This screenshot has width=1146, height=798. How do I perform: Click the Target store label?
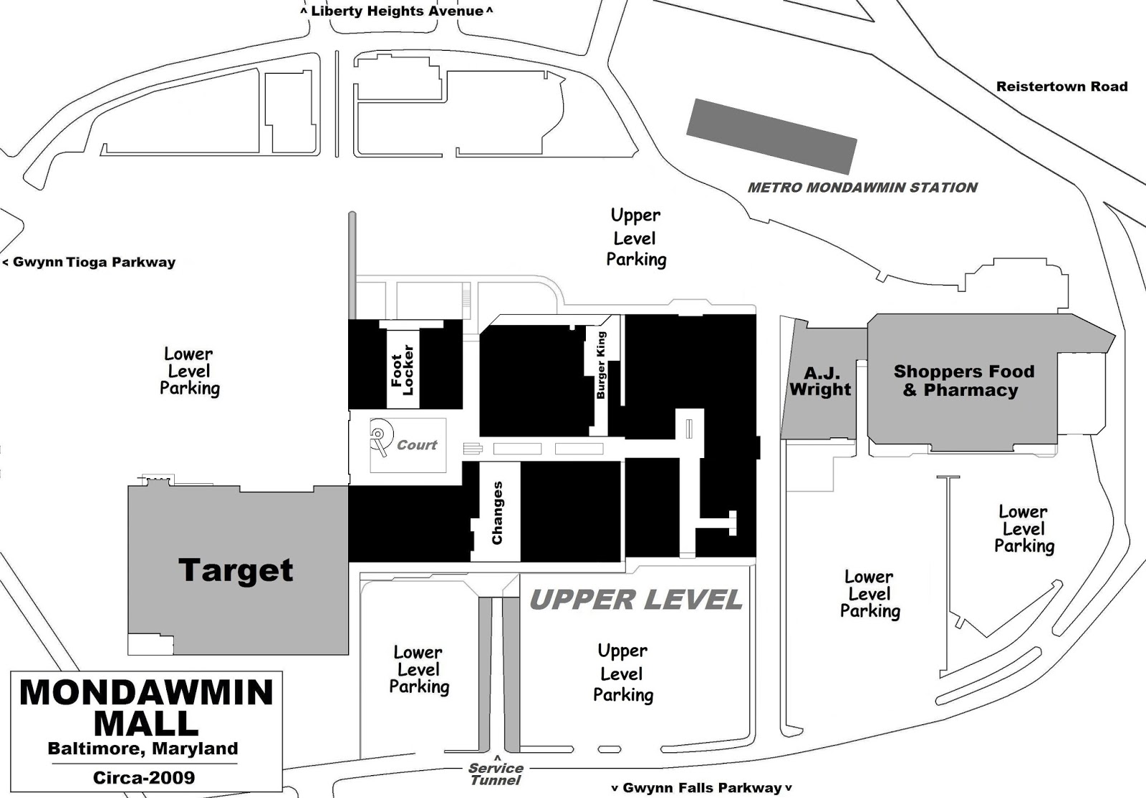[x=236, y=570]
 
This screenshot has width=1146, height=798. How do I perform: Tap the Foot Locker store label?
[x=403, y=369]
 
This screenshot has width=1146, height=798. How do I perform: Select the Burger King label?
[x=601, y=365]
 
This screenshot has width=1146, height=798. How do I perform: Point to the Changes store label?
[x=497, y=512]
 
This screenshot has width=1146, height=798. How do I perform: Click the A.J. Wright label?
[x=819, y=381]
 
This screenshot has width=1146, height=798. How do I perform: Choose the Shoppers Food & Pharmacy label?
[x=964, y=380]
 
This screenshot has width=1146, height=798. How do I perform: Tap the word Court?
[x=417, y=444]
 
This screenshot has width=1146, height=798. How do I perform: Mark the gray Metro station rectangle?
[x=771, y=137]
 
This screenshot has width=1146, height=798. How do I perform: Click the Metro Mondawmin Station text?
[x=862, y=188]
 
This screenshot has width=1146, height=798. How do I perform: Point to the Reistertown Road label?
[x=1062, y=87]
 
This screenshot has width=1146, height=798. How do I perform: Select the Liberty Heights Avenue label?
[x=397, y=11]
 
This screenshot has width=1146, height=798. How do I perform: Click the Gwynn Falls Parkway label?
[x=702, y=788]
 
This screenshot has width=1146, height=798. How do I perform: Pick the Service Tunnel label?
[x=496, y=774]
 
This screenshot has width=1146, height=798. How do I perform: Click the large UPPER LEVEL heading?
[x=636, y=600]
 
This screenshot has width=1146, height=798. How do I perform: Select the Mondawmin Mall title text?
[x=146, y=708]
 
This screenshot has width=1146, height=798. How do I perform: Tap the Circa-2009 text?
[x=144, y=777]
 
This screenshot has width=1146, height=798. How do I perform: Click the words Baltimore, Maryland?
[x=143, y=749]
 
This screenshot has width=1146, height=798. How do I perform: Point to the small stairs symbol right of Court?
[x=473, y=449]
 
